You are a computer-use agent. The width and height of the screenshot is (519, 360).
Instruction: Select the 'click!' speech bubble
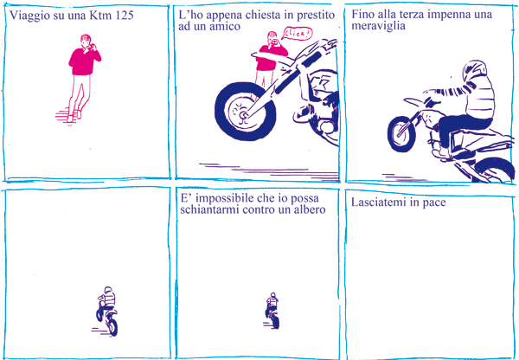[297, 33]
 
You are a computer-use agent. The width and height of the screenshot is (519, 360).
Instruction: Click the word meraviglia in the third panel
[378, 26]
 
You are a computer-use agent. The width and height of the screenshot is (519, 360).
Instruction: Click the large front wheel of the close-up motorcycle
[246, 110]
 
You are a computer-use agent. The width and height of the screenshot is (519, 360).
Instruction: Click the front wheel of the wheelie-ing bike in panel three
[401, 134]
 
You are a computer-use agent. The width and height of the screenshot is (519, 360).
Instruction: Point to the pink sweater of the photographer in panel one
[84, 61]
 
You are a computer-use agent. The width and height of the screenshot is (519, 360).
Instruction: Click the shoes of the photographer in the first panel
[74, 116]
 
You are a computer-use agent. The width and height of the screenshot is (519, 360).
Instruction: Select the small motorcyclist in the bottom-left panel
[107, 312]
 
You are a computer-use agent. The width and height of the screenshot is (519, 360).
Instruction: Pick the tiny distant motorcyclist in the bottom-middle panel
[272, 311]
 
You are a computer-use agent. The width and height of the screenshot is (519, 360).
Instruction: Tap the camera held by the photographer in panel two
[273, 42]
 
